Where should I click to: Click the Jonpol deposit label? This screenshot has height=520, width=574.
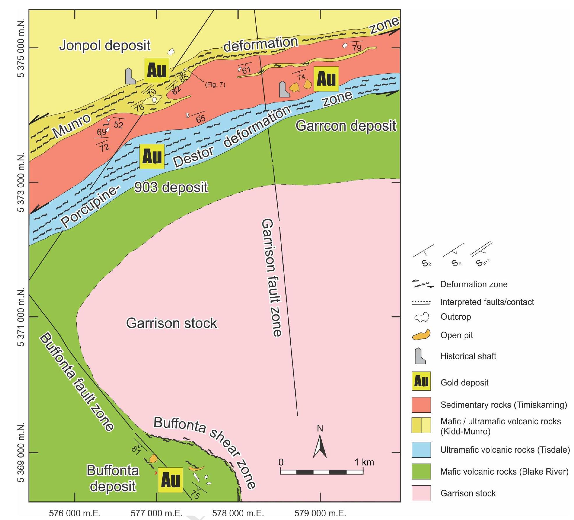(x=105, y=45)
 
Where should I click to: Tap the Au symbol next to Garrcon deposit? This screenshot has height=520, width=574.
(x=326, y=79)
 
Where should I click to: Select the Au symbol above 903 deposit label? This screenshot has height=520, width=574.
(x=152, y=156)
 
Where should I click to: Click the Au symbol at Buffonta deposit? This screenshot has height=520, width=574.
(x=170, y=480)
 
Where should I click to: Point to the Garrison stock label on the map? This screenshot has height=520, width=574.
(x=171, y=323)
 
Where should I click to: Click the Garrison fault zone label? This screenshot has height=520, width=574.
(x=271, y=278)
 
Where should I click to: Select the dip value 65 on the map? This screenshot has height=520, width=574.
(x=200, y=119)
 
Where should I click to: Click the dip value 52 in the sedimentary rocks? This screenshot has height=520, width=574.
(x=118, y=125)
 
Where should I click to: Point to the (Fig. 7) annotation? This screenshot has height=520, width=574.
(x=215, y=85)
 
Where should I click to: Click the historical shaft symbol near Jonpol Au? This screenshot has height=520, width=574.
(x=130, y=77)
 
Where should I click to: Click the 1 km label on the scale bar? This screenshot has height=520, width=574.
(x=364, y=462)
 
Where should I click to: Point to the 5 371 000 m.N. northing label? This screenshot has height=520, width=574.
(x=21, y=317)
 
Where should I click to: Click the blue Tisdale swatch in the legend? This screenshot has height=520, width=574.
(x=421, y=450)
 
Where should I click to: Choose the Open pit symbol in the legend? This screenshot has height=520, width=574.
(x=421, y=335)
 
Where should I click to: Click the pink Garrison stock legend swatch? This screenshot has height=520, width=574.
(x=421, y=493)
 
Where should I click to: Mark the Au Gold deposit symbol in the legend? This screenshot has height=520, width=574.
(x=421, y=381)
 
